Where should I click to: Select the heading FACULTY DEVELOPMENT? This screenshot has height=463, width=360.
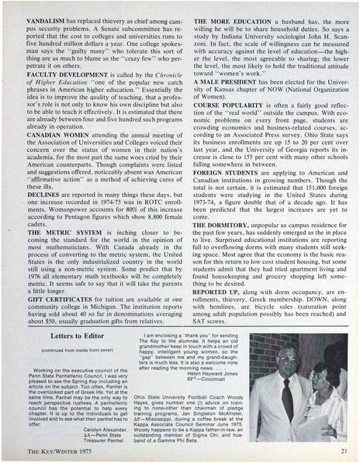coord(63,67)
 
